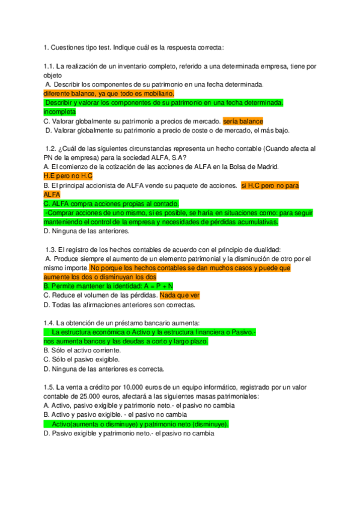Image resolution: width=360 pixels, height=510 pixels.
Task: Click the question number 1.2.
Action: click(x=51, y=148)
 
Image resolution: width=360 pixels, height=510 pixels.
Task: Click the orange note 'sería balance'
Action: click(x=243, y=121)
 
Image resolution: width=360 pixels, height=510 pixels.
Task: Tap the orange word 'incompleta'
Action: click(x=59, y=112)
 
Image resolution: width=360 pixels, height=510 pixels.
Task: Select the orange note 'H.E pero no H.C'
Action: click(x=68, y=176)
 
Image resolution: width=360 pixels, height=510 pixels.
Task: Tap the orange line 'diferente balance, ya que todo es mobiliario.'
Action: click(x=109, y=94)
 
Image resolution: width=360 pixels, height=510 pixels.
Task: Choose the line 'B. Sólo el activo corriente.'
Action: click(x=82, y=350)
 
